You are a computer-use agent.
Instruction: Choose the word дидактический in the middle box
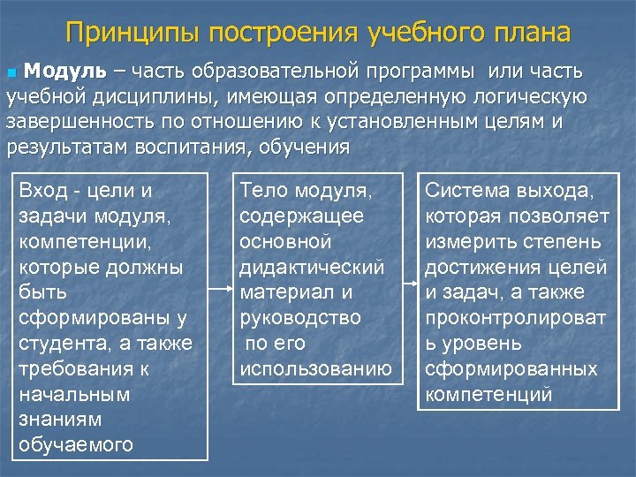tap(313, 266)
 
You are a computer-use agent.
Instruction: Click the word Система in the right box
tap(466, 190)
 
